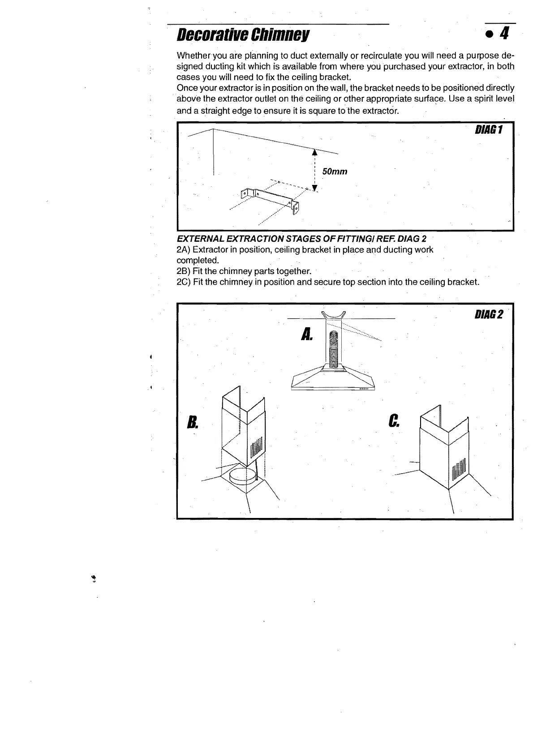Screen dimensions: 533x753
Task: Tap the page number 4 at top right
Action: coord(504,34)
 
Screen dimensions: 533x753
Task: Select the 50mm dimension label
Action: coord(335,172)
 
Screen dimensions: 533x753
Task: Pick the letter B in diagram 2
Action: coord(192,422)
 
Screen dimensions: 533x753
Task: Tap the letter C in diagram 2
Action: coord(394,420)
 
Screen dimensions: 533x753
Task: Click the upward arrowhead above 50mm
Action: coord(314,152)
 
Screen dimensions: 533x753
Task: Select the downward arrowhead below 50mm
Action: coord(314,188)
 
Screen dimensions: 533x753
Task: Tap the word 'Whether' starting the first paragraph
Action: coord(193,56)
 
